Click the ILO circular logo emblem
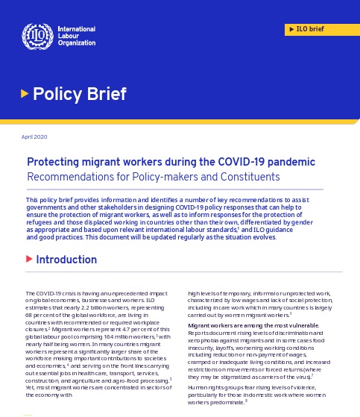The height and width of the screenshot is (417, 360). [35, 34]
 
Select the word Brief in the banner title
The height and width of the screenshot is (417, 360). [103, 94]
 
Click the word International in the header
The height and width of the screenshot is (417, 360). [78, 28]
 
